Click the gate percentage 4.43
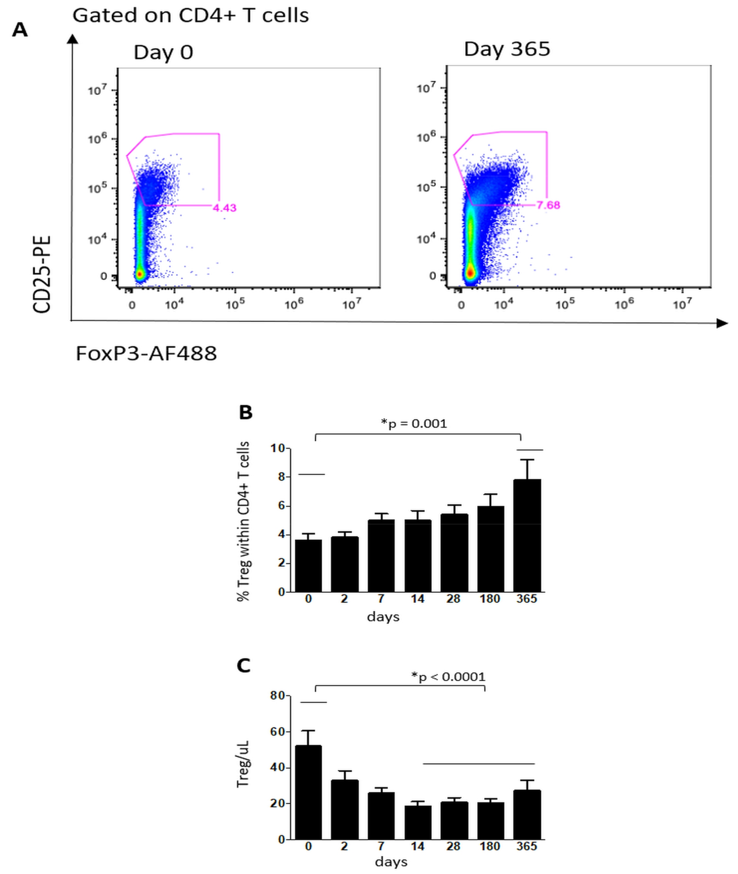224,208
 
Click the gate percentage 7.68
548,205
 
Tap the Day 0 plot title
163,52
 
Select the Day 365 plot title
507,49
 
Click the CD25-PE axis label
42,274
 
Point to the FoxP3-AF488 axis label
146,354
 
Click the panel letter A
20,30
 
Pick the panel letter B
245,412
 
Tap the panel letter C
243,666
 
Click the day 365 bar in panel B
527,535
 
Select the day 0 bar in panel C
308,792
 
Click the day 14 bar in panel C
418,822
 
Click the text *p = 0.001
414,423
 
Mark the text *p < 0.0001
448,677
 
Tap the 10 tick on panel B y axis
277,448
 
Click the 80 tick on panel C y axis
277,696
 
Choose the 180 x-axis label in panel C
489,846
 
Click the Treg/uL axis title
243,764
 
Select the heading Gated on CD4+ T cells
190,15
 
